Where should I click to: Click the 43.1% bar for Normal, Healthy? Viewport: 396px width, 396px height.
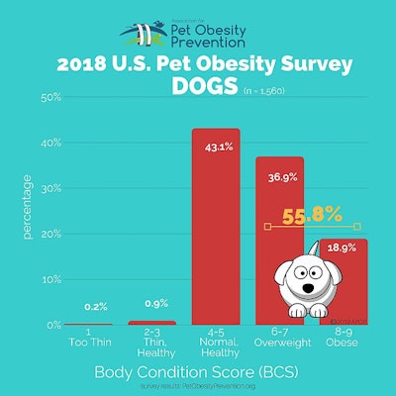(x=215, y=228)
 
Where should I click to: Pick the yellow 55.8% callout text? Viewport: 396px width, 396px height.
(x=313, y=214)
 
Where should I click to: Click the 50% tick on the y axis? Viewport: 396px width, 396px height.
(x=51, y=98)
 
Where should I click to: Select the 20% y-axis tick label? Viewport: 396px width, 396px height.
(x=51, y=234)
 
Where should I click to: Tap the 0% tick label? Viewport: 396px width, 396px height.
(x=53, y=325)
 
